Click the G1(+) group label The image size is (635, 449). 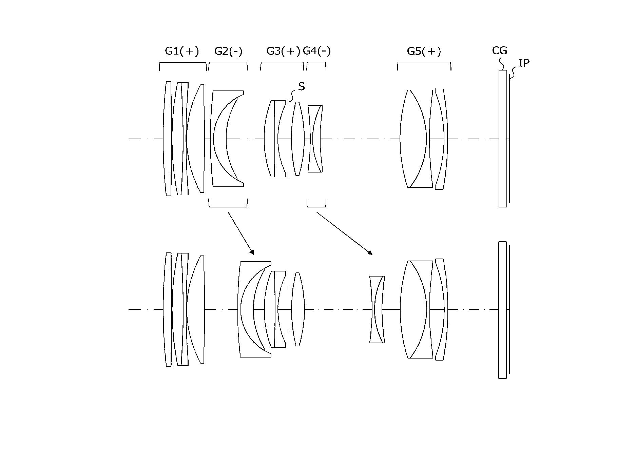click(x=182, y=51)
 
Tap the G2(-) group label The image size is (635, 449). click(x=228, y=51)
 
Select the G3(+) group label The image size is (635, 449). click(x=284, y=51)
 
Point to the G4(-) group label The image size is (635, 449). click(x=316, y=51)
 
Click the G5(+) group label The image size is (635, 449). click(x=424, y=51)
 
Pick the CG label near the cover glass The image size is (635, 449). click(x=499, y=50)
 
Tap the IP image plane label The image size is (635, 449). click(x=524, y=63)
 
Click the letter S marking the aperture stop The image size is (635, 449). click(x=301, y=87)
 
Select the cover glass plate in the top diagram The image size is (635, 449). click(x=503, y=139)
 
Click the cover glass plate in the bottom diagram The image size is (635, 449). click(x=502, y=310)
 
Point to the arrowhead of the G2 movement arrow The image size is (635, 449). click(x=252, y=252)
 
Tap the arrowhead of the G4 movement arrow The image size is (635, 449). click(x=370, y=253)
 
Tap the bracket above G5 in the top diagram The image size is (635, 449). click(x=424, y=63)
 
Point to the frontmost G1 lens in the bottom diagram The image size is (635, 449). click(x=168, y=309)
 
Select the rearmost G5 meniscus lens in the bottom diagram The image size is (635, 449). click(x=441, y=309)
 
